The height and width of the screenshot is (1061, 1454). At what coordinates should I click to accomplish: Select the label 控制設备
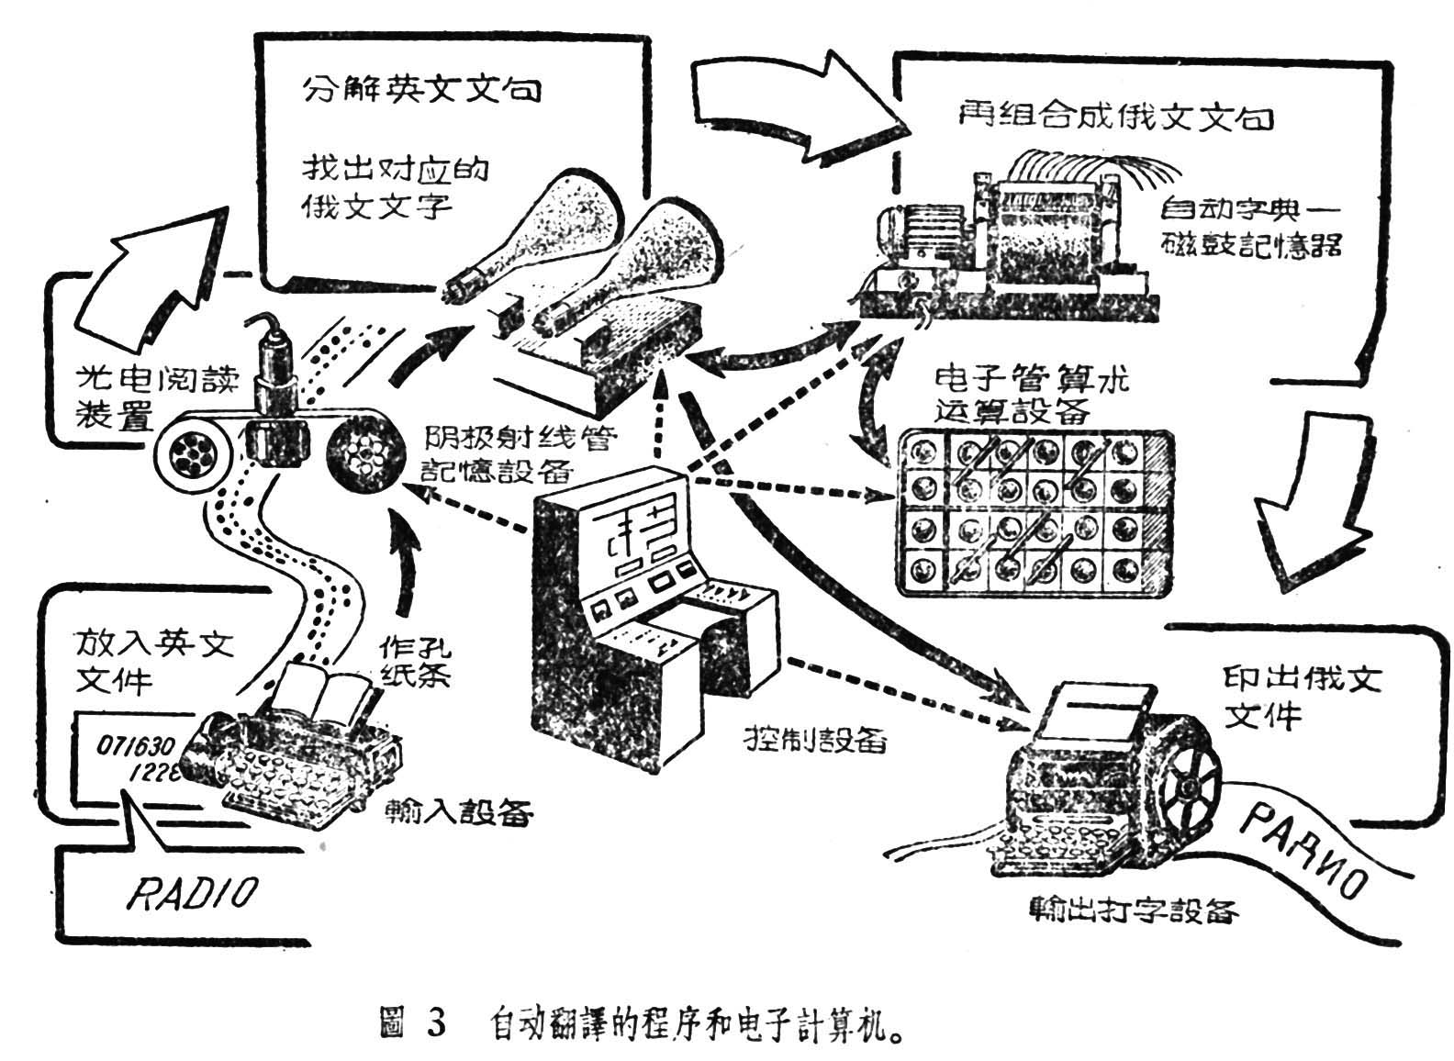pos(816,739)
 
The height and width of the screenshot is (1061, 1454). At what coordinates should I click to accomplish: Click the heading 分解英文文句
pos(421,89)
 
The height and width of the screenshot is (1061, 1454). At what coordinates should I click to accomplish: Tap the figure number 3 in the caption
pos(435,1022)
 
